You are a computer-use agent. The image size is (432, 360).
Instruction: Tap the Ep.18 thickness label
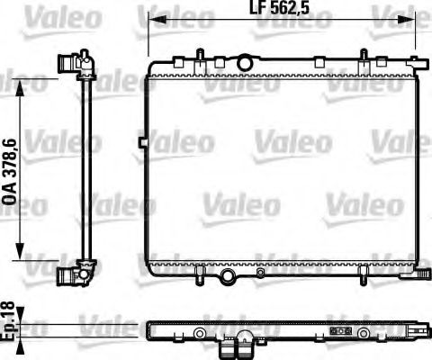point(9,321)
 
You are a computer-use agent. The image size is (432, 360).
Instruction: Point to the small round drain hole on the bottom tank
point(259,272)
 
